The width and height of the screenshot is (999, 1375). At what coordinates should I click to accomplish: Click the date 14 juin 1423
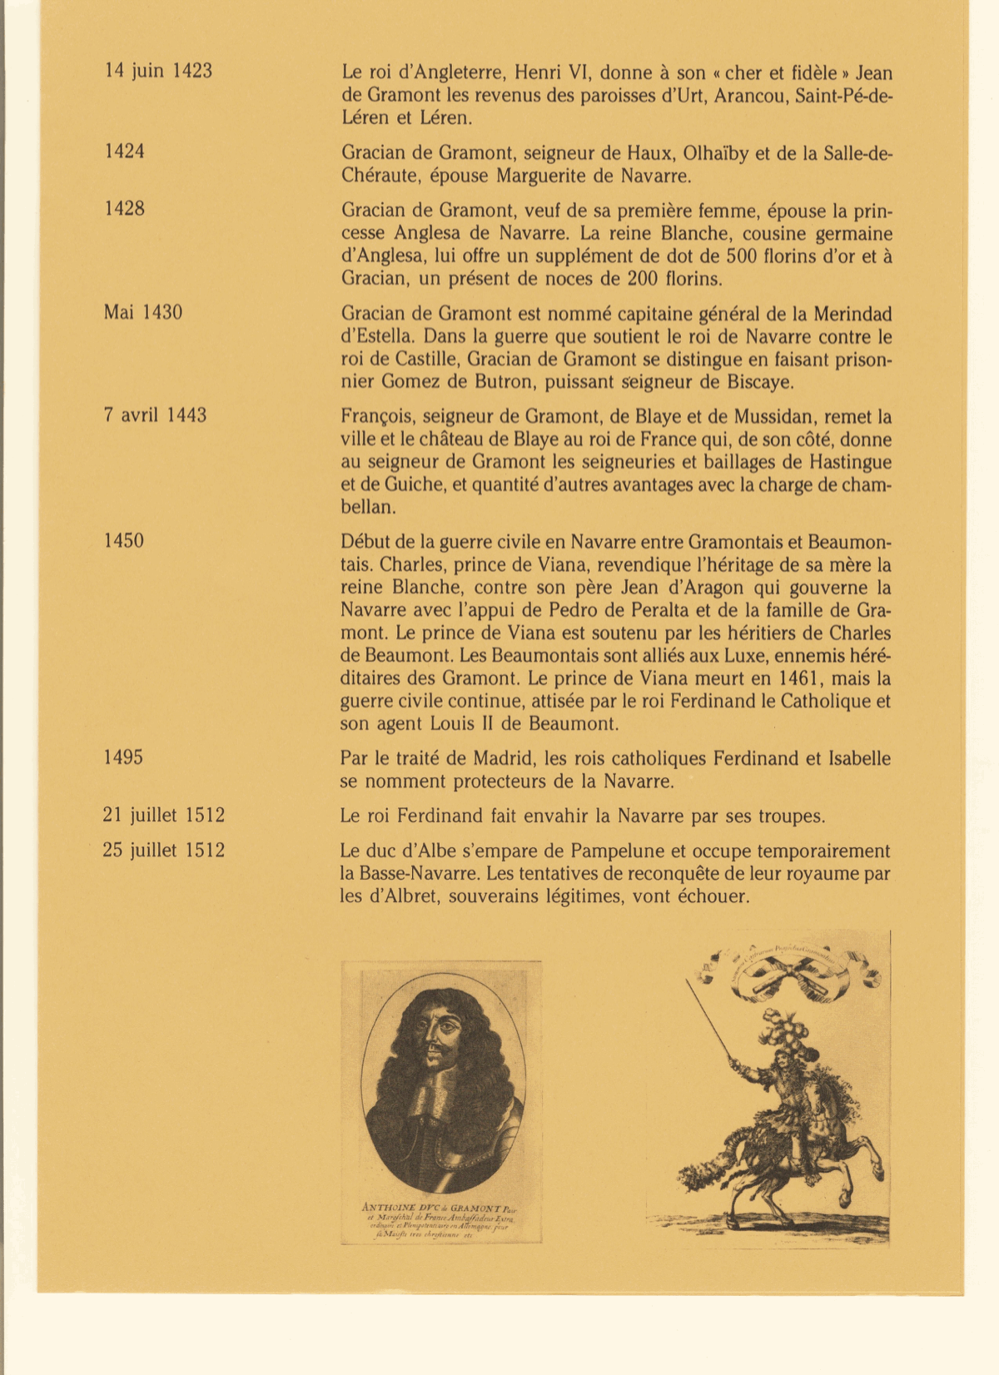tap(158, 72)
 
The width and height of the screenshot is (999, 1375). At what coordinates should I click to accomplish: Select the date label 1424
tap(124, 151)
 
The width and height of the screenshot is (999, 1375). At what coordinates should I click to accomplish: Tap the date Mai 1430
tap(143, 313)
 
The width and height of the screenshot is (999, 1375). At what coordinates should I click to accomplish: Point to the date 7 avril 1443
tap(155, 415)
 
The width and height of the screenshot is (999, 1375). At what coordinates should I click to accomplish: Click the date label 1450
tap(123, 542)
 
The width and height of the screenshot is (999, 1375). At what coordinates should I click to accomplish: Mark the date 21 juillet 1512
tap(163, 816)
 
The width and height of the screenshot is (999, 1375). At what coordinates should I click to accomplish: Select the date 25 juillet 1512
tap(163, 851)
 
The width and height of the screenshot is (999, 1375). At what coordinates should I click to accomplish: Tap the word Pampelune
tap(612, 851)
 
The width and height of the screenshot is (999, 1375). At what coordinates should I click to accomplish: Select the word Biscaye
tap(759, 383)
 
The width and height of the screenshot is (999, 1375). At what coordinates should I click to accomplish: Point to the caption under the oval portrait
tap(441, 1220)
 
